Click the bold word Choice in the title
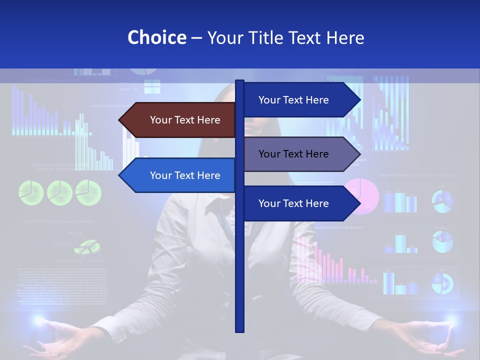click(156, 37)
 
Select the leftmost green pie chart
click(31, 192)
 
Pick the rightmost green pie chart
click(88, 192)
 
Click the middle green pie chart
click(60, 192)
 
